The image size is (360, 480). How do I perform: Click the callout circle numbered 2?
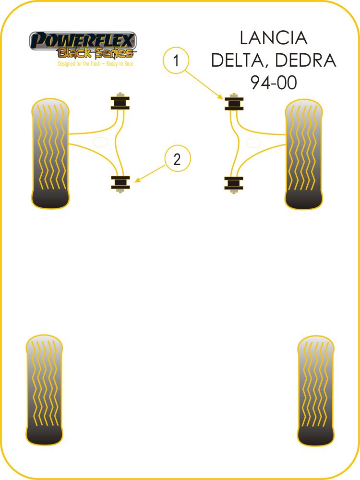177,159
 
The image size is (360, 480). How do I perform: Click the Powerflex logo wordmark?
83,40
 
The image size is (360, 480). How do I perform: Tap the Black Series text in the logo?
95,52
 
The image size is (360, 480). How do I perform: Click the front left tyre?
50,154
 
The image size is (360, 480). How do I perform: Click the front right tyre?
303,154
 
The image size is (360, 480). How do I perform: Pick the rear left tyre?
44,390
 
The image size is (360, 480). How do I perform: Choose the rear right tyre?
315,390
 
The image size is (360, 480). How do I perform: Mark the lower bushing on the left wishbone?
120,182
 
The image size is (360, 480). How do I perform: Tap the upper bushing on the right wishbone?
234,103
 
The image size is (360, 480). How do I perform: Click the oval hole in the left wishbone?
100,143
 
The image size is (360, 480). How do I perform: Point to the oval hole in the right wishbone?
253,143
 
